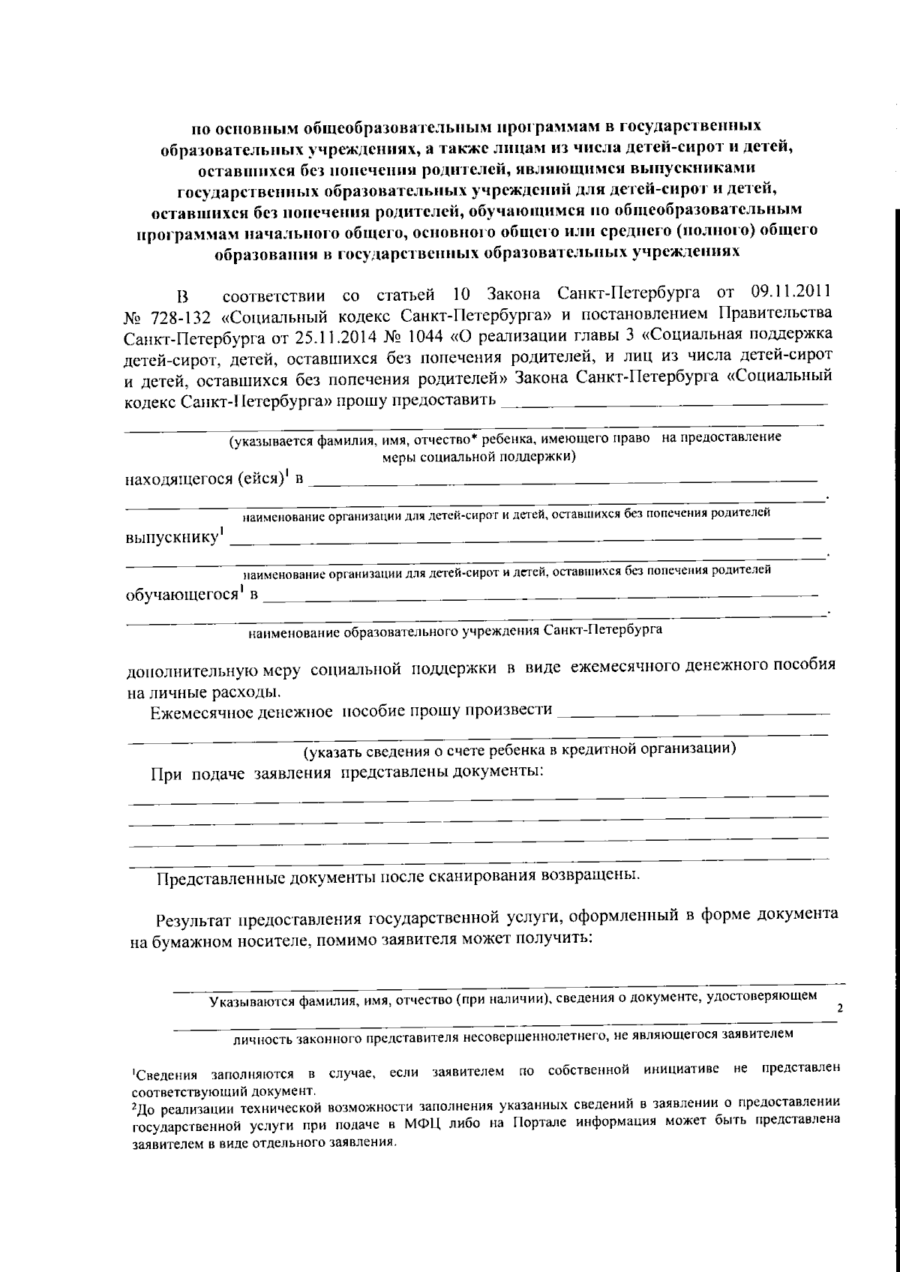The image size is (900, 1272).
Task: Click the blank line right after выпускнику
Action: pyautogui.click(x=525, y=538)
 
